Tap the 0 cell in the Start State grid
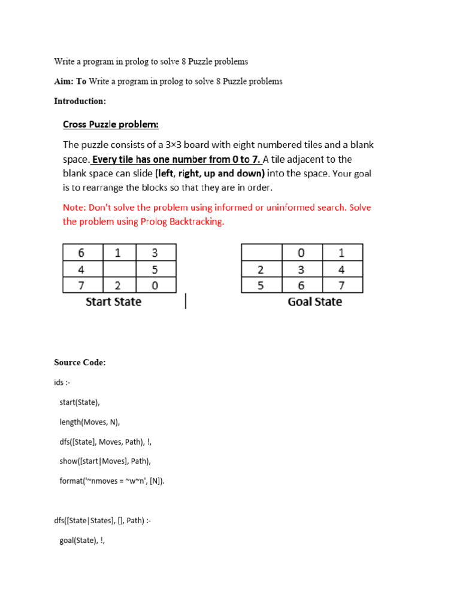tap(155, 286)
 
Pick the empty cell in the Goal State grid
tap(261, 252)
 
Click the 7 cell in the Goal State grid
tap(342, 286)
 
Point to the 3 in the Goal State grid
tap(302, 269)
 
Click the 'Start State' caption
tap(114, 302)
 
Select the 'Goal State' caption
tap(315, 302)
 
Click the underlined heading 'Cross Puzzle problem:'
tap(111, 125)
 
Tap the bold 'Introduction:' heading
tap(80, 101)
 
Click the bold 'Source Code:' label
tap(80, 363)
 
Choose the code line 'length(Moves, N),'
tap(90, 422)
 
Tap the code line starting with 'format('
tap(112, 481)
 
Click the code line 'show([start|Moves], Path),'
tap(105, 461)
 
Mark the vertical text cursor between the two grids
tap(186, 301)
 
